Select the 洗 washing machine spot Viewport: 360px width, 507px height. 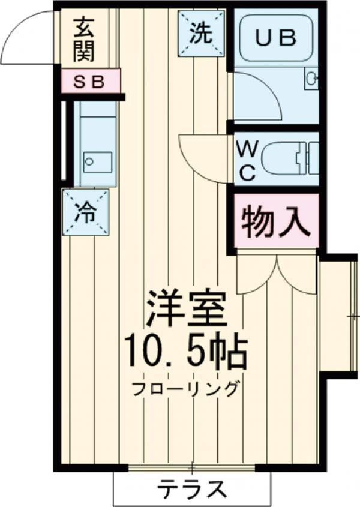click(201, 34)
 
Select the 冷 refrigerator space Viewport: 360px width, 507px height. click(85, 212)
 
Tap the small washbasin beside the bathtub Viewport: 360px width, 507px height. click(311, 79)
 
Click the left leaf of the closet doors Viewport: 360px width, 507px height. click(255, 276)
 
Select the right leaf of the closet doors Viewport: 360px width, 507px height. click(297, 276)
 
